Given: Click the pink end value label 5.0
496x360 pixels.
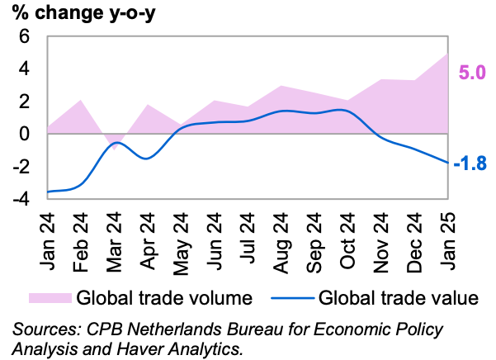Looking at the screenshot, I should (471, 73).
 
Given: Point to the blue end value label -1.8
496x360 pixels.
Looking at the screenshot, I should (470, 164).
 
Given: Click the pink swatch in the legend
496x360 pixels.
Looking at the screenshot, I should (50, 297).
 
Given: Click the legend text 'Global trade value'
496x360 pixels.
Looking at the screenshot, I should (398, 297).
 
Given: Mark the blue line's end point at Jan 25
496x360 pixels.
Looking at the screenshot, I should (446, 163).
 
